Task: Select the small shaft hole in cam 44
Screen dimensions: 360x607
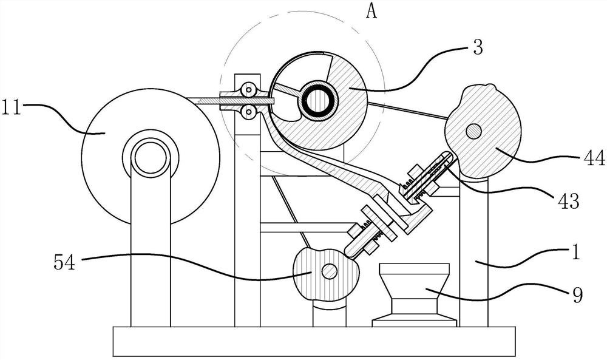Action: [475, 131]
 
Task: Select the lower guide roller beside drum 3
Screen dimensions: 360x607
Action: [247, 111]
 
